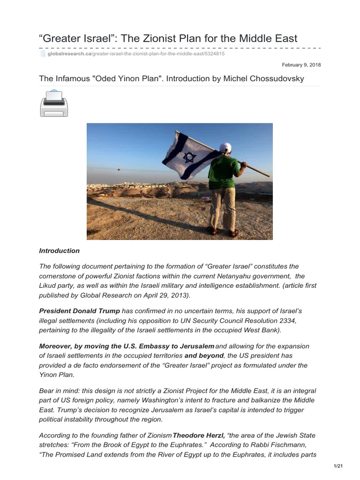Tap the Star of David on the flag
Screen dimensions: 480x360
click(189, 157)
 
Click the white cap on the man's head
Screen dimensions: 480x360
click(225, 148)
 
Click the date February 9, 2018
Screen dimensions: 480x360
click(301, 65)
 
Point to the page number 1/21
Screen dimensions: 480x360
click(338, 465)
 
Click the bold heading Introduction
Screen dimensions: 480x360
click(59, 251)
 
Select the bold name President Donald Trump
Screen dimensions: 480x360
click(79, 311)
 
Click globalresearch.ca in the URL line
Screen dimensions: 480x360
click(69, 54)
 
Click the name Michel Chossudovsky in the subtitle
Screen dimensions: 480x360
click(266, 78)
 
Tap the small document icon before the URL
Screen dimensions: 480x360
click(43, 54)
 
